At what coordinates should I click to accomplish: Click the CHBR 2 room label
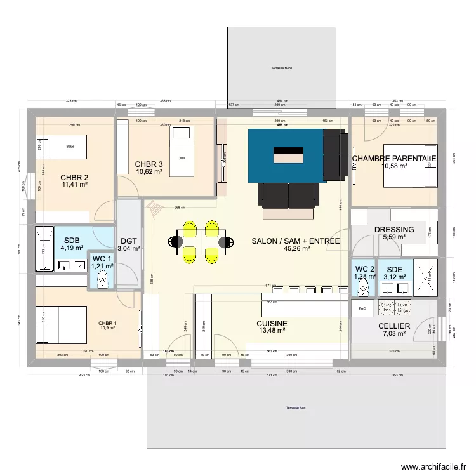74,178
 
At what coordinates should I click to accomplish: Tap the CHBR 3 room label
149,164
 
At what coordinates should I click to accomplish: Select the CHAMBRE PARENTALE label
394,158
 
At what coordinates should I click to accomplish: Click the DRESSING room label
394,230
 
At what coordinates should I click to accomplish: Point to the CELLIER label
394,326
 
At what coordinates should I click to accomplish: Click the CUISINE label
272,323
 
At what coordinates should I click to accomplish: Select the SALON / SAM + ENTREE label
296,241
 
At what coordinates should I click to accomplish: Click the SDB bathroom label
71,240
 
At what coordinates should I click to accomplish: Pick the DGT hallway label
129,240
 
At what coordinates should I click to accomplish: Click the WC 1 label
102,259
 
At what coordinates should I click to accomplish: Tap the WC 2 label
364,268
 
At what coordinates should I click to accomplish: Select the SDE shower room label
394,268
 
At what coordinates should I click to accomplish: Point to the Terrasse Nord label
281,68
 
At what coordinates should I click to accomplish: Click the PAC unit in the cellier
362,309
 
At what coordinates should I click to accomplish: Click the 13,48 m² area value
272,331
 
